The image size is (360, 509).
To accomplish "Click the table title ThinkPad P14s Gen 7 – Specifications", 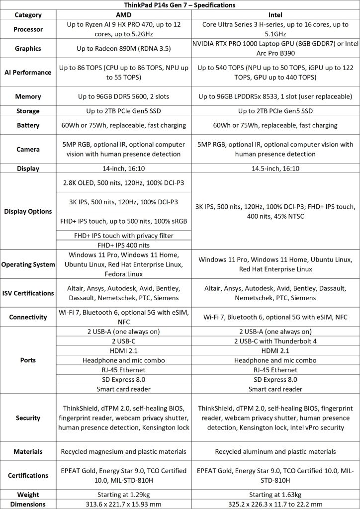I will (x=180, y=4).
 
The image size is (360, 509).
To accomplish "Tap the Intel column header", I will (x=275, y=14).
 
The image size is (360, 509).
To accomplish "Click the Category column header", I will (x=28, y=14).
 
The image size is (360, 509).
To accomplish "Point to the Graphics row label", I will (x=28, y=49).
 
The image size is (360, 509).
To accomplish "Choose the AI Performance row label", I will (x=28, y=72).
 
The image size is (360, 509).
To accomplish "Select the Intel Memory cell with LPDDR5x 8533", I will (x=275, y=95).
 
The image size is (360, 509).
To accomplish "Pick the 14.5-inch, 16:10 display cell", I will (x=275, y=169).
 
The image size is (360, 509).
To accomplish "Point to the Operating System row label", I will (x=28, y=264).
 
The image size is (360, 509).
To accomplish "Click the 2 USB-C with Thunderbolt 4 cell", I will (x=275, y=341).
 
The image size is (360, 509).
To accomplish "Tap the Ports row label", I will (x=28, y=360).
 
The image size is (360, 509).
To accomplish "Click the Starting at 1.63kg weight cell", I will (x=275, y=495).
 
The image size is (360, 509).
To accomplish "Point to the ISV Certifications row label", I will (x=28, y=293).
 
